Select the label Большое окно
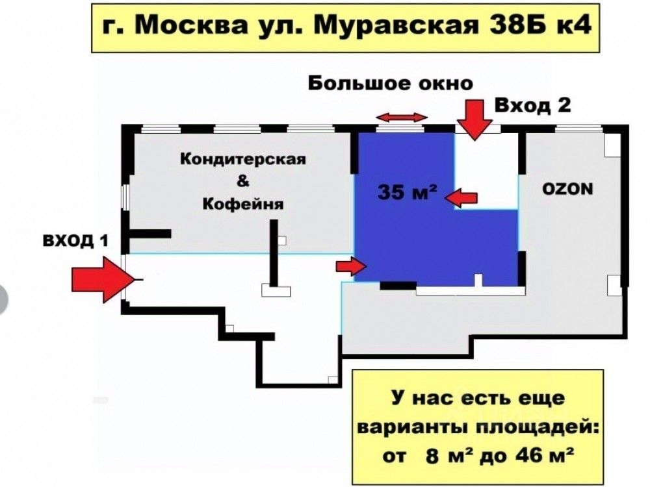pos(390,84)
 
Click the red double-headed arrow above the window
pos(403,117)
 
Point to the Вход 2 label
pos(533,106)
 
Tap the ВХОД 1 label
pos(75,241)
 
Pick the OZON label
pos(567,189)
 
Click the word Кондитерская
pos(242,159)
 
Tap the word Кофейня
pos(243,204)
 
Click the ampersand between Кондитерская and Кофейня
pos(242,182)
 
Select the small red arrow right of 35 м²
pos(465,197)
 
